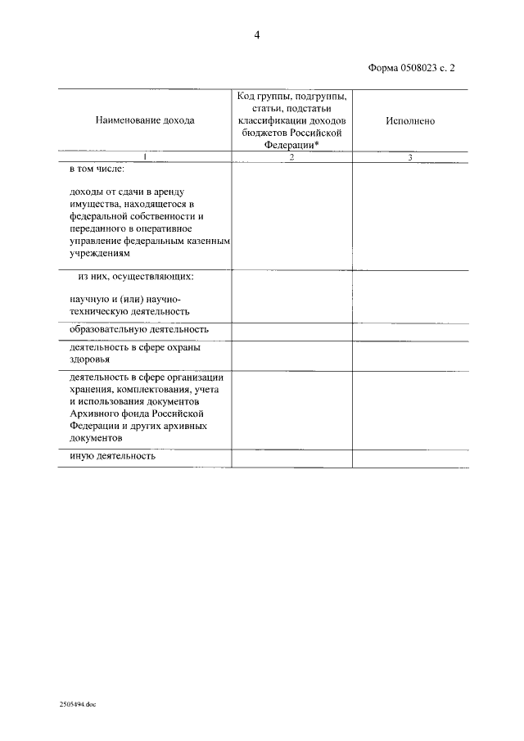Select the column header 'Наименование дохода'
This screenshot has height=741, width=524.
[145, 120]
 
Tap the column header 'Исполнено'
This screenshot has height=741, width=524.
[410, 120]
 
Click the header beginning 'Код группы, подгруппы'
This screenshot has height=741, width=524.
[291, 97]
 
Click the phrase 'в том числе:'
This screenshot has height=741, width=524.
[97, 169]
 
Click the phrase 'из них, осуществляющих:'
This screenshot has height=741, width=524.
[136, 277]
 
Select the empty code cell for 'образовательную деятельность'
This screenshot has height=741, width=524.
[291, 330]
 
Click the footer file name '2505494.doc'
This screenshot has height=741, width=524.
[78, 703]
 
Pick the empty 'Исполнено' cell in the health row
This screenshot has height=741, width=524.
[410, 354]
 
